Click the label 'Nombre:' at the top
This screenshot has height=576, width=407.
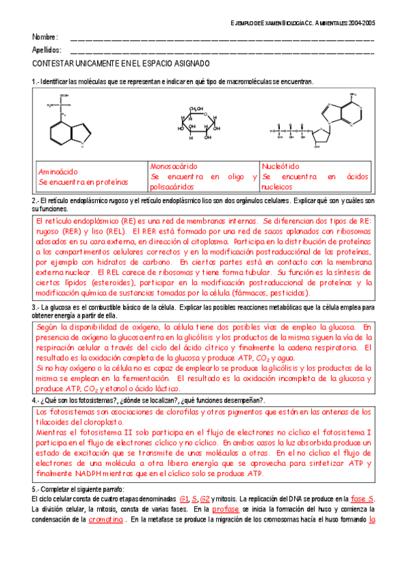[45, 37]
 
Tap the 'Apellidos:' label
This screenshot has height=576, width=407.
[47, 50]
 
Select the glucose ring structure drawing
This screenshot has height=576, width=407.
[198, 124]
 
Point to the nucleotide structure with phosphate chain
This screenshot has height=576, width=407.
[319, 122]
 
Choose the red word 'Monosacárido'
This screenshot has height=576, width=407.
[173, 166]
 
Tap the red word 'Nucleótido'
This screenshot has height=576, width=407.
[281, 166]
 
